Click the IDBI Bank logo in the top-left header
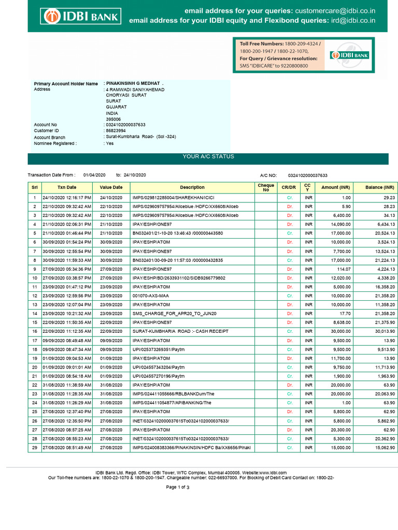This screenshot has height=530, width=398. coord(81,17)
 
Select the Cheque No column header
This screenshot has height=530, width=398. coord(266,187)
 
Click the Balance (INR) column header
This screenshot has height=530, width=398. coord(380,187)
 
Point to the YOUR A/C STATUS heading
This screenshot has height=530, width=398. coord(208,156)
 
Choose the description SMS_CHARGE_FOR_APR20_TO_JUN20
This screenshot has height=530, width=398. coord(167,314)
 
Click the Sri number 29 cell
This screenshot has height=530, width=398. coord(34,447)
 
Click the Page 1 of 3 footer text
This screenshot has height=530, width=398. coord(178,488)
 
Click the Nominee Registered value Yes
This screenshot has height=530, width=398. coord(109,143)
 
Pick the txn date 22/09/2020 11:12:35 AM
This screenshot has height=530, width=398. coord(67,331)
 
